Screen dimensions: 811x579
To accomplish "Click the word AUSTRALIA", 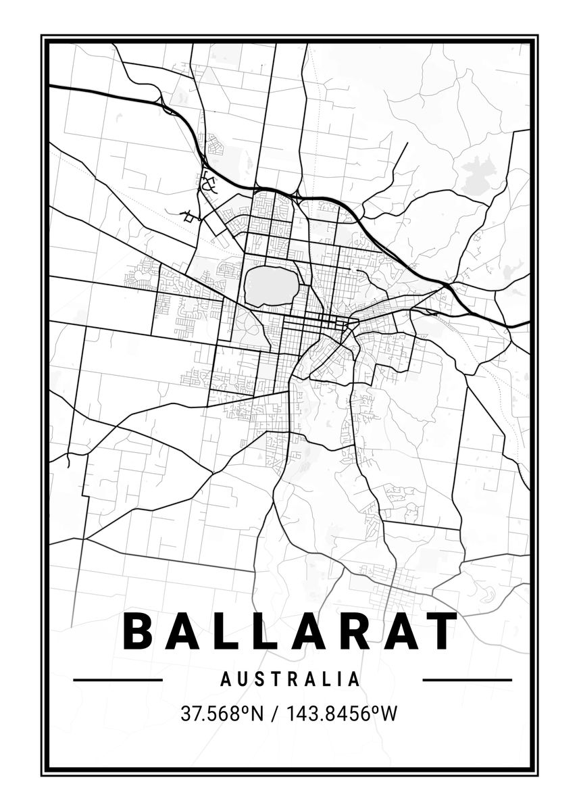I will (x=291, y=679).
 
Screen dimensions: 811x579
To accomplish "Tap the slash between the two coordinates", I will (x=273, y=714).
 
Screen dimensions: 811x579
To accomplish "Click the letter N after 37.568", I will (x=257, y=713).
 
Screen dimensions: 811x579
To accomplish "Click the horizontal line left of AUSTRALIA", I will (x=118, y=679).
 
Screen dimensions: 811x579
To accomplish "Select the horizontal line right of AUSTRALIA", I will (x=467, y=679).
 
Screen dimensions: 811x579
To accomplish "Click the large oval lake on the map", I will (x=271, y=286).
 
